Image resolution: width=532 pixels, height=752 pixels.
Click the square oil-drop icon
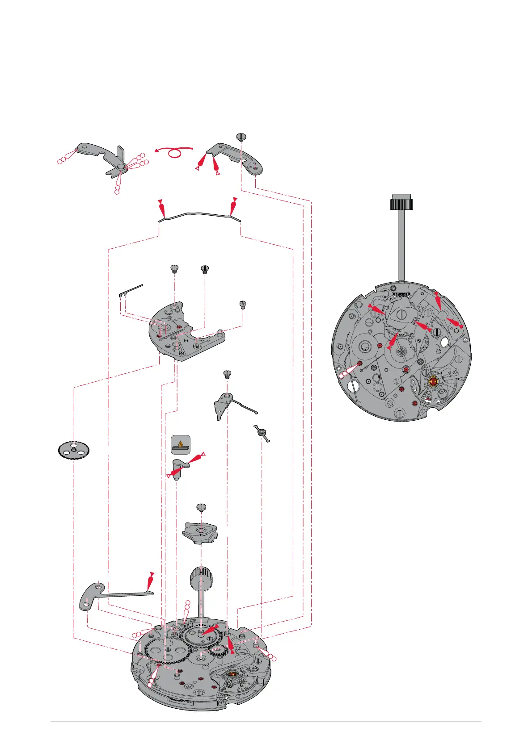click(181, 444)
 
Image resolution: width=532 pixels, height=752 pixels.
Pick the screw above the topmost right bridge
click(241, 136)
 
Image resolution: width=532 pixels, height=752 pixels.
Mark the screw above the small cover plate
click(201, 507)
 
